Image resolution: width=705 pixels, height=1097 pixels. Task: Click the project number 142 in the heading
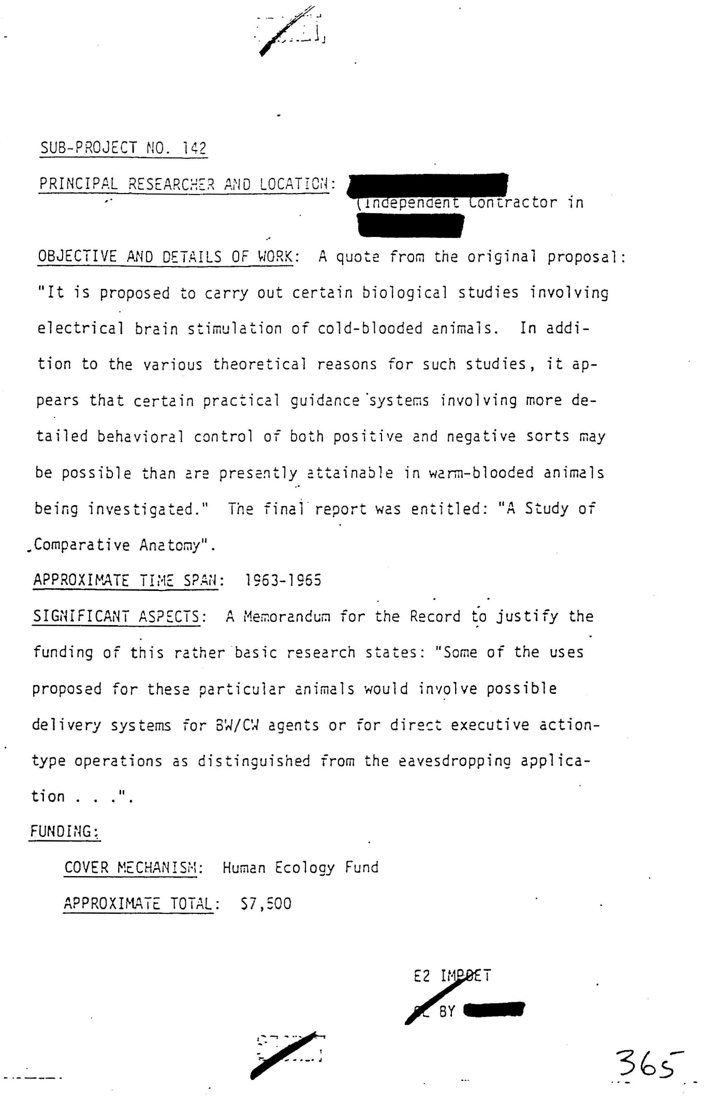click(x=195, y=149)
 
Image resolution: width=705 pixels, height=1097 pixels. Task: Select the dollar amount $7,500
click(x=266, y=903)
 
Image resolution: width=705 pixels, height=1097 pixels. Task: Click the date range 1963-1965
click(x=283, y=580)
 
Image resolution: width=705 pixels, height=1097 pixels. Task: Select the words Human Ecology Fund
click(x=300, y=867)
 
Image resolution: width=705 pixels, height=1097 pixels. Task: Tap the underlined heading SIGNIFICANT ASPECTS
click(x=116, y=616)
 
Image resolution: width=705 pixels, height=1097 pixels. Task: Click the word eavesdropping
click(x=455, y=761)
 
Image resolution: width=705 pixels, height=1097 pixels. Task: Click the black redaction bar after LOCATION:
click(x=429, y=185)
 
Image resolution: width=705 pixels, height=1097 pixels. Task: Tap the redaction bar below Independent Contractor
click(x=410, y=226)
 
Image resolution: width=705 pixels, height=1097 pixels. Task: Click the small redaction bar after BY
click(x=494, y=1009)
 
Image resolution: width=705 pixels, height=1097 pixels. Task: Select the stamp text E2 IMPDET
click(x=452, y=976)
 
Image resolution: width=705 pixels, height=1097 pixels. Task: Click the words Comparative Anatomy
click(x=117, y=545)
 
